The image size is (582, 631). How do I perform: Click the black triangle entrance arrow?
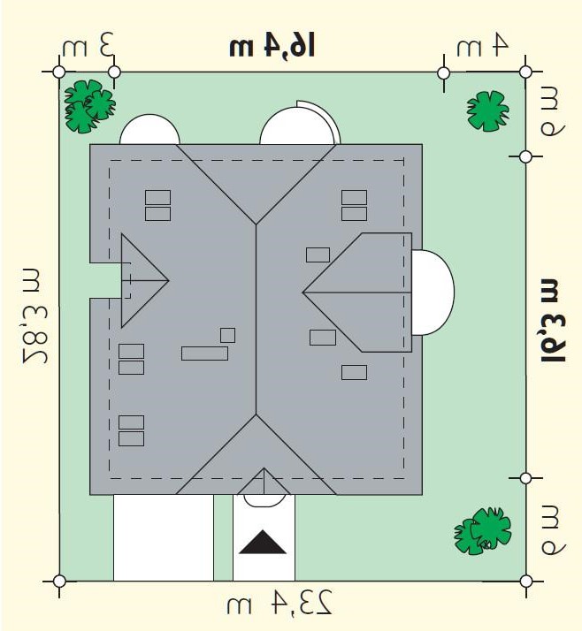263,543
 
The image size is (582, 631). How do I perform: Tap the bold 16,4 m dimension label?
272,46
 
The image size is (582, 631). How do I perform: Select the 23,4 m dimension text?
280,603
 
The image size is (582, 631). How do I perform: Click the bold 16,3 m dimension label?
553,320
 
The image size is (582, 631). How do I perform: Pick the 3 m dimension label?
88,45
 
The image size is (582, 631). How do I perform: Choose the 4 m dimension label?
482,45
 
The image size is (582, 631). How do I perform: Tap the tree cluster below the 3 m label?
90,106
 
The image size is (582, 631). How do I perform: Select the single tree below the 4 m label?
487,111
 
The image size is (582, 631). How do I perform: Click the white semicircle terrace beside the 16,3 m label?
433,293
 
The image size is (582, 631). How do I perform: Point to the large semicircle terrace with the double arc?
300,123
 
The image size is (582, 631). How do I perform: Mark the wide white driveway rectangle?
163,537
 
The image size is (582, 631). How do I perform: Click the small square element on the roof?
227,335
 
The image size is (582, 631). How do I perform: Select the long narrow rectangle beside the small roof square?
204,354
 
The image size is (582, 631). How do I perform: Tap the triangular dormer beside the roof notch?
144,280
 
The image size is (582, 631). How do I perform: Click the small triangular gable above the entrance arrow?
264,482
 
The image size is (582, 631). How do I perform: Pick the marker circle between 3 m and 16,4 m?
115,72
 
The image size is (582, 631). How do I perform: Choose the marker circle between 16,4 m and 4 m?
443,73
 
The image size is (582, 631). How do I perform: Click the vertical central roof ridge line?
257,319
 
